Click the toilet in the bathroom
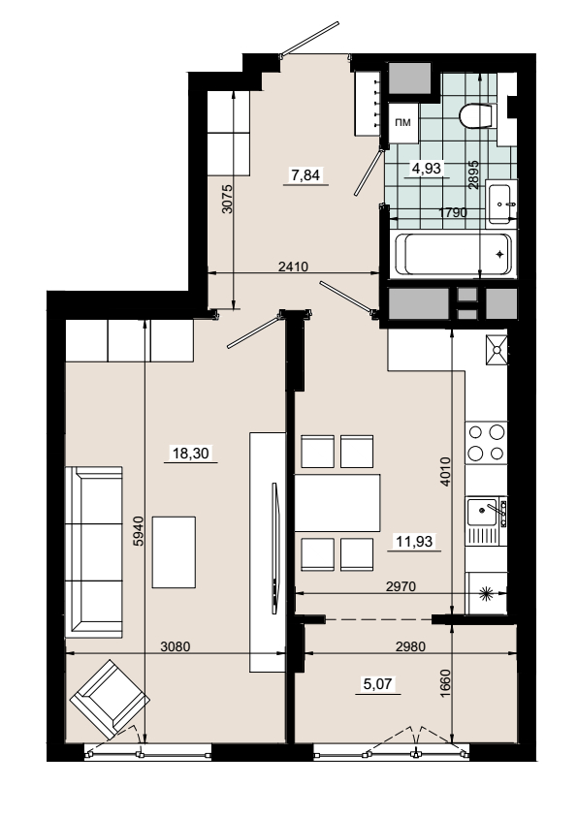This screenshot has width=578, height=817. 477,115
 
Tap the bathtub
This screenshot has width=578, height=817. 453,254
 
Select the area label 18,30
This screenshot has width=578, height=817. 191,453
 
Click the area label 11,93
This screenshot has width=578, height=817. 414,542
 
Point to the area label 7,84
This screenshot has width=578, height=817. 305,174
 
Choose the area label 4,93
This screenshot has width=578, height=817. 427,168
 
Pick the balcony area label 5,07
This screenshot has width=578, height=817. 377,683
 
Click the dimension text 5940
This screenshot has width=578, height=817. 138,531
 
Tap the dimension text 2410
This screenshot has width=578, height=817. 294,267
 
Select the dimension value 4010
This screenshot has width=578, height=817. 444,472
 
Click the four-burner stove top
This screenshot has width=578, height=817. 486,442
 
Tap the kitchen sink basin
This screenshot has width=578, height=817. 482,512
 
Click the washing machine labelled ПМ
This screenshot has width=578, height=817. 402,123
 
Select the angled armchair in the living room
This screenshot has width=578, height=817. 110,699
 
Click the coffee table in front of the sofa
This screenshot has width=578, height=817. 174,551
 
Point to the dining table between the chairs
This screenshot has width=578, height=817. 337,503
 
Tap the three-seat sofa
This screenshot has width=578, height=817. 94,551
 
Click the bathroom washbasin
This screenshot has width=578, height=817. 501,203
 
